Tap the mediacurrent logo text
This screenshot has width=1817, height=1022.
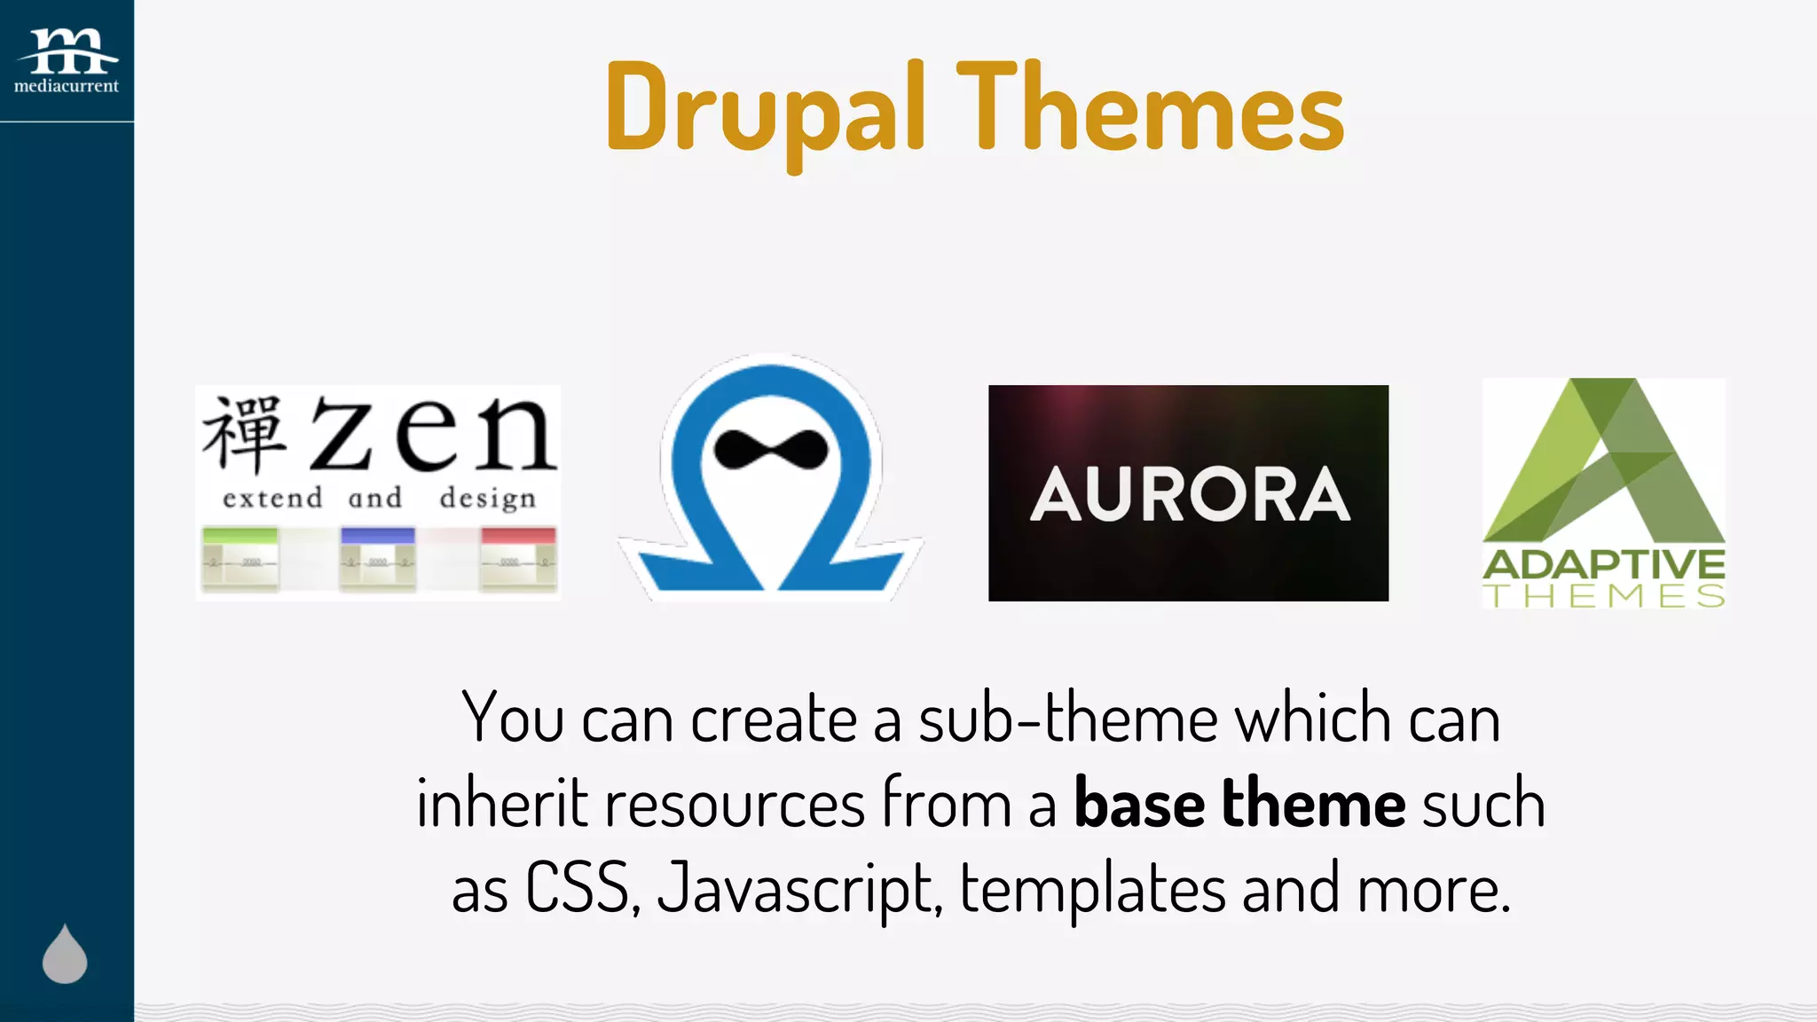(67, 86)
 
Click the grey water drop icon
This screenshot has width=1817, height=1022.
(65, 955)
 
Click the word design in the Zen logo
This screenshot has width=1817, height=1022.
(488, 498)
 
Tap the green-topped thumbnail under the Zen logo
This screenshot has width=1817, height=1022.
(240, 559)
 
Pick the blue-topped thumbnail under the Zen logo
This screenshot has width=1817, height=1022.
(377, 559)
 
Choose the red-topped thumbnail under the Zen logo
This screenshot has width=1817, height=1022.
(517, 559)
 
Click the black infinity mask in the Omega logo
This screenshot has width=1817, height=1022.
(771, 449)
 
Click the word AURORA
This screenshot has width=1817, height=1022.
(1189, 494)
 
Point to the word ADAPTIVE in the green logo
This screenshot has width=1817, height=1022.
(1603, 565)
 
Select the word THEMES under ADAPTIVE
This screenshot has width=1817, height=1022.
(1603, 596)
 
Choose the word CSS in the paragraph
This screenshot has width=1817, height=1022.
(579, 888)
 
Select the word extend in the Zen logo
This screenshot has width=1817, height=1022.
(272, 498)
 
